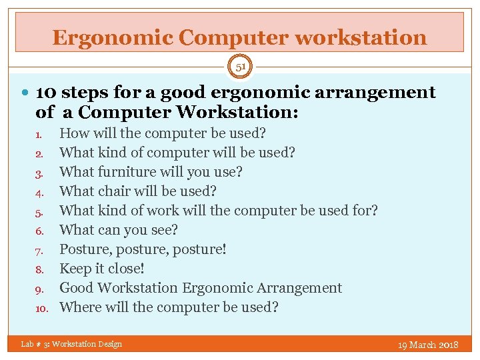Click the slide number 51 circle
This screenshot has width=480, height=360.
240,67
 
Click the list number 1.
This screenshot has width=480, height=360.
39,134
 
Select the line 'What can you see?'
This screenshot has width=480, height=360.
119,230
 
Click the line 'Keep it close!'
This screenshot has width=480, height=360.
102,269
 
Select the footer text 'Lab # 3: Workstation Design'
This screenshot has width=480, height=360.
71,344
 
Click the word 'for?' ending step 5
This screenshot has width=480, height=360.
364,211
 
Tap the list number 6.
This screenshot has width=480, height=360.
39,231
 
